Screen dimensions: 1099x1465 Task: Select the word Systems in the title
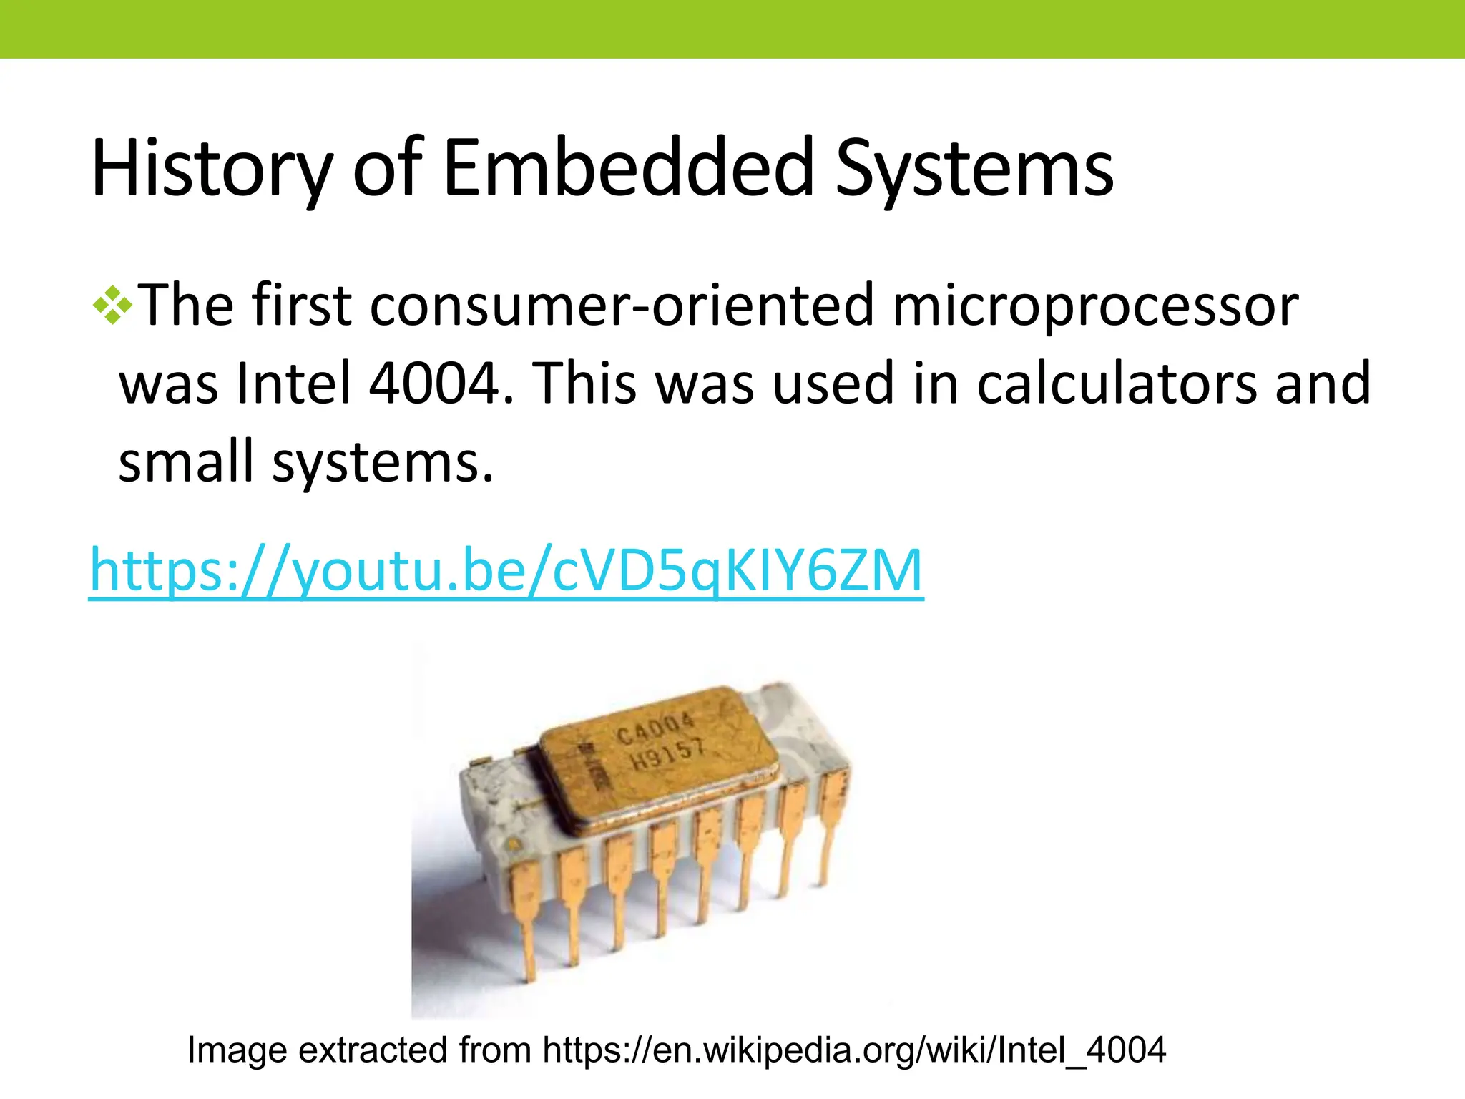[974, 169]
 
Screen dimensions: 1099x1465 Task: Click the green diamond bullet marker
[112, 306]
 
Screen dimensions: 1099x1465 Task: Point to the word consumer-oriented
[622, 306]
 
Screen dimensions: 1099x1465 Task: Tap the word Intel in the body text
[294, 384]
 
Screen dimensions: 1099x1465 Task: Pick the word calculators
[1117, 384]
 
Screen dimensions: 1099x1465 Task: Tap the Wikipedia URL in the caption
[854, 1050]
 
